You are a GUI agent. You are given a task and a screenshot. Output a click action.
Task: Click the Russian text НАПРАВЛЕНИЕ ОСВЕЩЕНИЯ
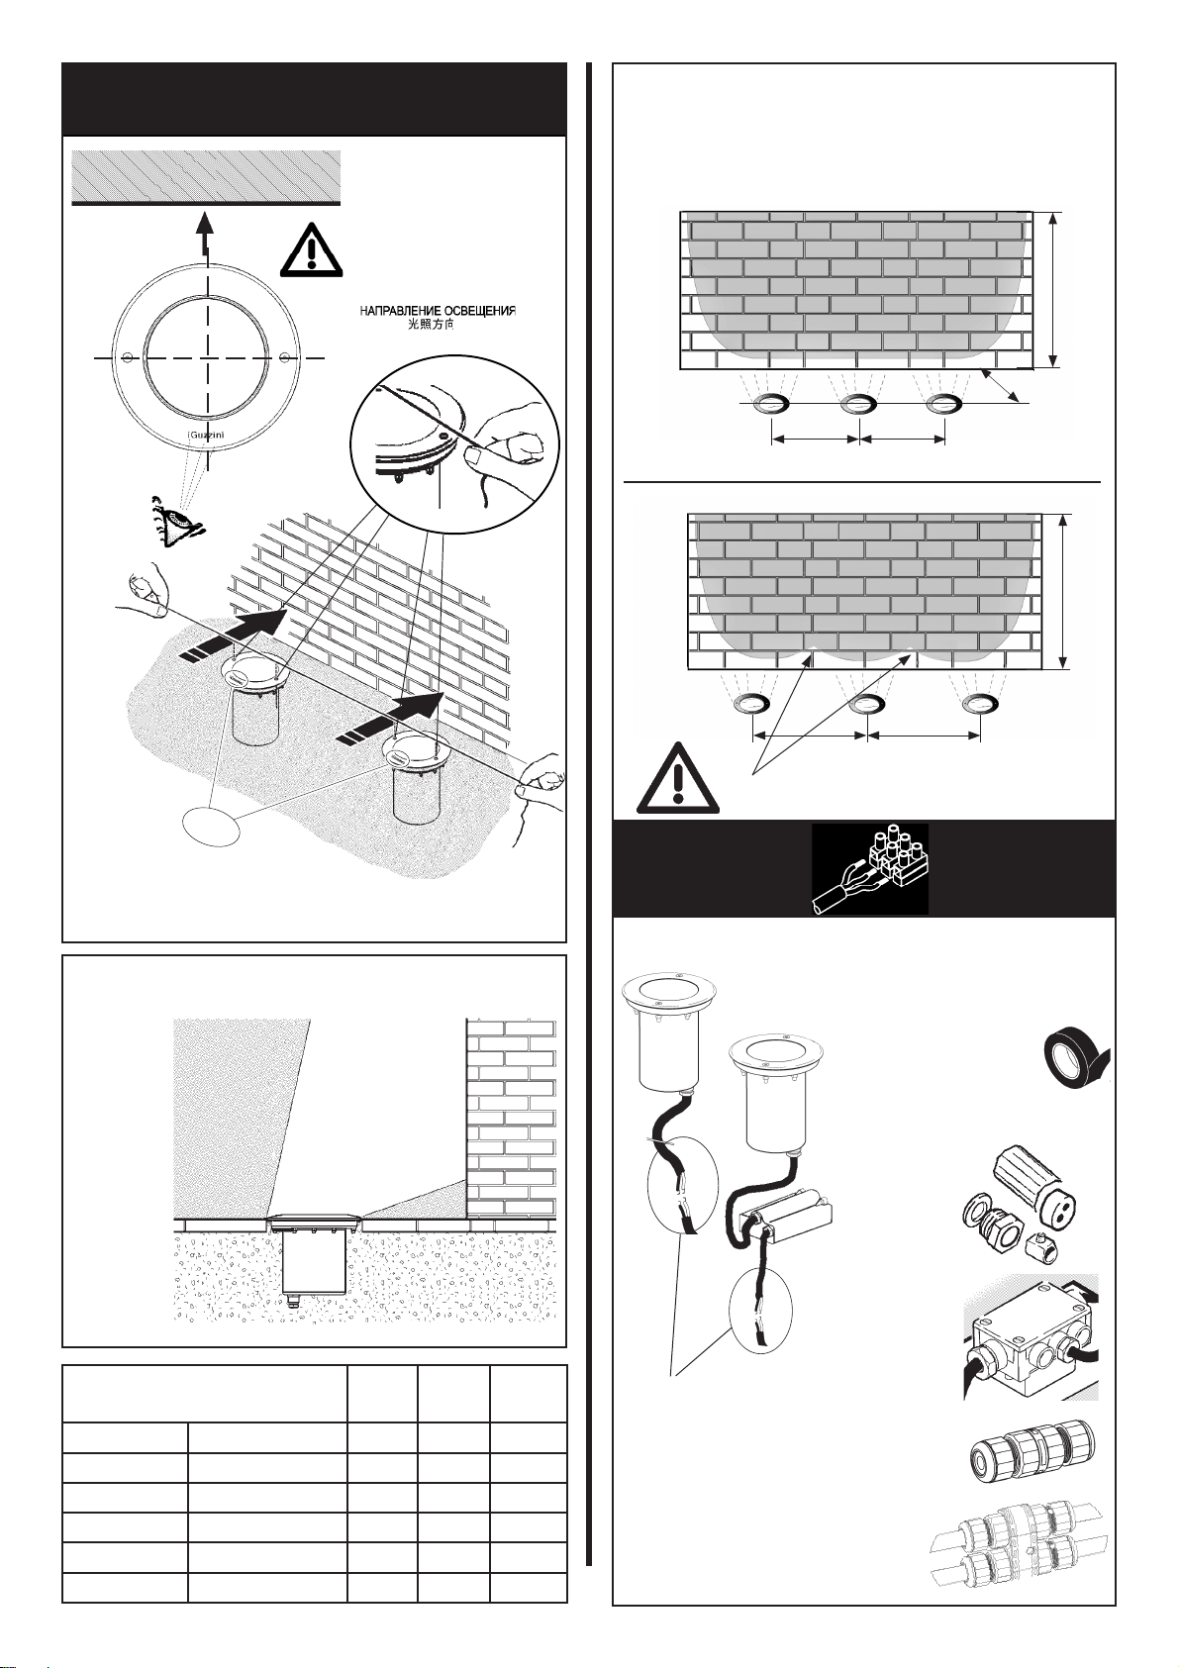437,311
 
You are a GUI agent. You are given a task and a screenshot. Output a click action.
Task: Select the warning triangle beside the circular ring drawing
311,245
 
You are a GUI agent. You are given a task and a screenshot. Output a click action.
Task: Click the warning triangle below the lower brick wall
676,777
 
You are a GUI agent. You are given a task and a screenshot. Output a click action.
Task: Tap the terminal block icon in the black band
871,868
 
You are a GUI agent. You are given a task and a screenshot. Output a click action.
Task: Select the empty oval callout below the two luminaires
215,826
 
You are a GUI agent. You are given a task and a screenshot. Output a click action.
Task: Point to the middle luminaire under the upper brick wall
858,404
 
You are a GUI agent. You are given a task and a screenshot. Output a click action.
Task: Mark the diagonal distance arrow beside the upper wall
1002,387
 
